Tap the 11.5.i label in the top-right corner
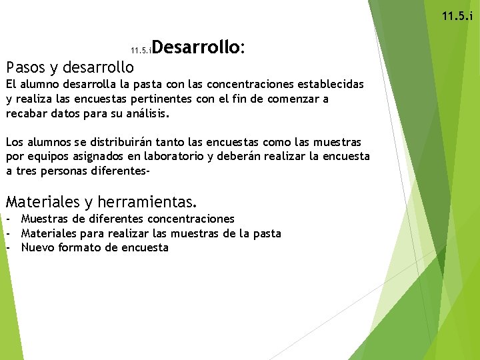point(457,16)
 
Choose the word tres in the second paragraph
point(27,172)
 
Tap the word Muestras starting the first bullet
point(45,219)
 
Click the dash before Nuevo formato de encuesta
point(9,248)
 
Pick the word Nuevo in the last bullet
point(37,248)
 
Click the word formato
point(78,248)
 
